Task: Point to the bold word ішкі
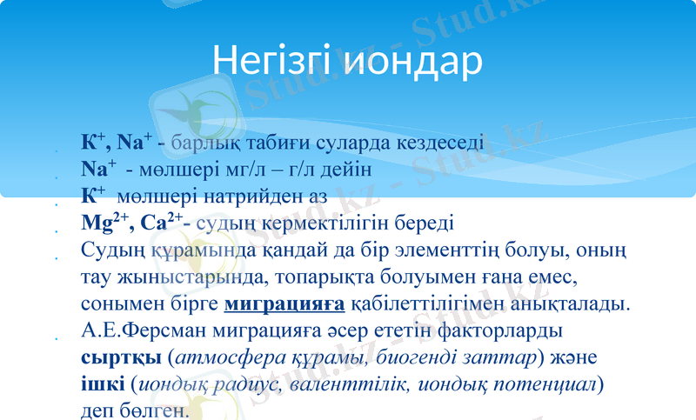click(102, 383)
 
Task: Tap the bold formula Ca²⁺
click(162, 223)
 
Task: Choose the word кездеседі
click(432, 143)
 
